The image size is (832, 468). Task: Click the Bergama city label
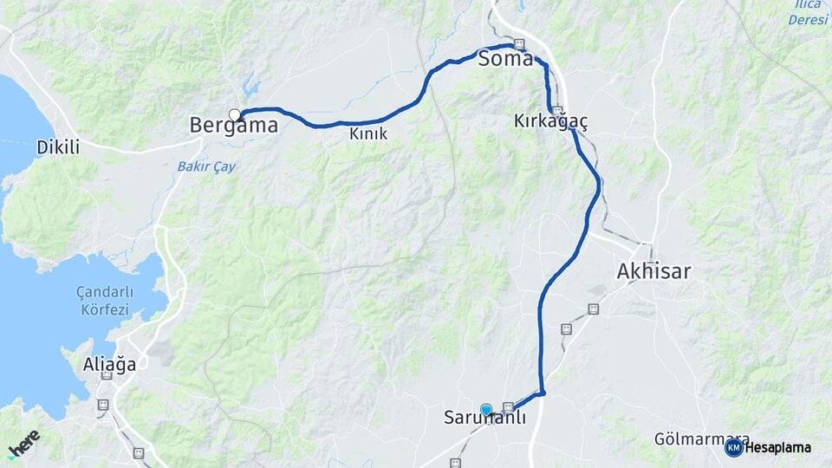[234, 126]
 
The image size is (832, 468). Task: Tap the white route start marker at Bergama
[234, 114]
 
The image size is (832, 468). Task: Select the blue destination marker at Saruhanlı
[486, 410]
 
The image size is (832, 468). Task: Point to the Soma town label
[505, 61]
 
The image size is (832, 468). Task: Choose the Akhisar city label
[653, 271]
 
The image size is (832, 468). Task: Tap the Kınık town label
[368, 134]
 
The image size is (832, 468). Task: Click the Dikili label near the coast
[58, 147]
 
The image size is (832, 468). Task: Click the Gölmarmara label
[691, 439]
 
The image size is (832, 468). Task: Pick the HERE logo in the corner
[23, 443]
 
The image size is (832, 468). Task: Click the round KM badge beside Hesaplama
[733, 447]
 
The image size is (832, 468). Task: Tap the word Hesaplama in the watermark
[777, 447]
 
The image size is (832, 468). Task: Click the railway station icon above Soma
[519, 44]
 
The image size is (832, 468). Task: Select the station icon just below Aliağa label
[106, 375]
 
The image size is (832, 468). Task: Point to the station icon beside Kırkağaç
[559, 111]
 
